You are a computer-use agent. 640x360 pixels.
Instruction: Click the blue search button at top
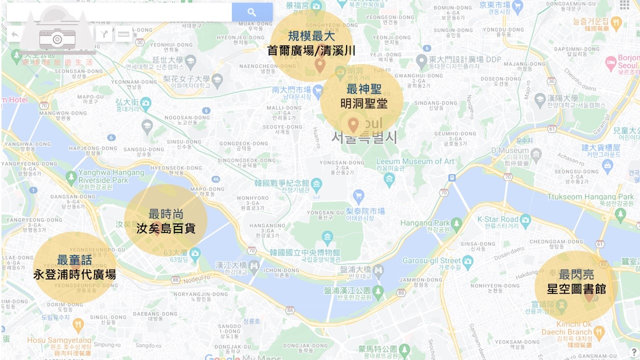pyautogui.click(x=252, y=12)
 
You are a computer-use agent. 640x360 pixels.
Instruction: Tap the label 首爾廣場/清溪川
pyautogui.click(x=311, y=50)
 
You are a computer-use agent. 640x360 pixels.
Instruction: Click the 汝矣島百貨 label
pyautogui.click(x=165, y=228)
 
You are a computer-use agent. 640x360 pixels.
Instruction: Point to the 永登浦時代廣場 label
pyautogui.click(x=74, y=274)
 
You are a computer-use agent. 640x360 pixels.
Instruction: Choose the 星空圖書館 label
pyautogui.click(x=576, y=288)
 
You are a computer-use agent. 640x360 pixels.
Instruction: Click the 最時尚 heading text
pyautogui.click(x=165, y=214)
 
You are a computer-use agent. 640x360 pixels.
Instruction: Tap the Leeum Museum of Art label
pyautogui.click(x=415, y=161)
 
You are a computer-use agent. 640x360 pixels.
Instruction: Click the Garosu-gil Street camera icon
pyautogui.click(x=468, y=260)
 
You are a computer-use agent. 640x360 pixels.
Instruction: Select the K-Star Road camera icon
pyautogui.click(x=525, y=219)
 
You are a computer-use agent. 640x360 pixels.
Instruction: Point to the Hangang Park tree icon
pyautogui.click(x=456, y=223)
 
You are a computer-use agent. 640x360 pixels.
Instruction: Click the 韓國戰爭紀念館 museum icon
pyautogui.click(x=316, y=185)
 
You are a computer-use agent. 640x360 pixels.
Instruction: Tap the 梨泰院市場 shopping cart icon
pyautogui.click(x=358, y=195)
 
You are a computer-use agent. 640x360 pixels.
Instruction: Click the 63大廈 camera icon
pyautogui.click(x=195, y=253)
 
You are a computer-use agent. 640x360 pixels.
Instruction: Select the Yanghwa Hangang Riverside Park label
pyautogui.click(x=111, y=176)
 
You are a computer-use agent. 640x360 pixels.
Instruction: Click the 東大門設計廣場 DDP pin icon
pyautogui.click(x=421, y=61)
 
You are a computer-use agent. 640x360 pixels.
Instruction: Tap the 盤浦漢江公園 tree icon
pyautogui.click(x=378, y=290)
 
